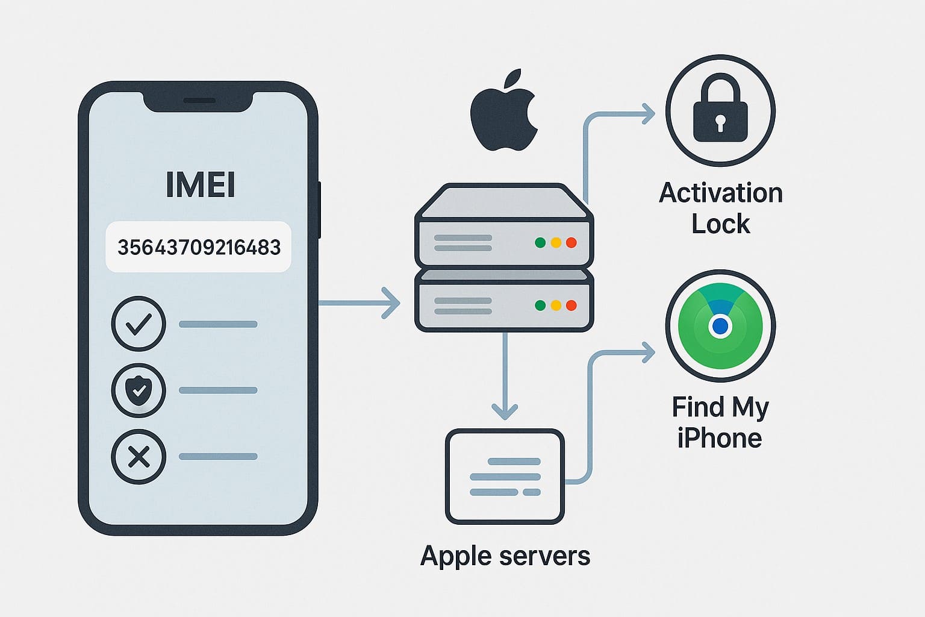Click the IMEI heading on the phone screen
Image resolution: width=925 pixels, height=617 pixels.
click(x=200, y=186)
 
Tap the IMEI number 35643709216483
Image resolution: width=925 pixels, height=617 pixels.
click(x=199, y=248)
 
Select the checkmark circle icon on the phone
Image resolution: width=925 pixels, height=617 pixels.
click(x=139, y=324)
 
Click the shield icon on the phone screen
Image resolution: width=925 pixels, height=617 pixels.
click(x=139, y=390)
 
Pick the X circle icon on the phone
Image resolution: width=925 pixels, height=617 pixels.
click(x=139, y=457)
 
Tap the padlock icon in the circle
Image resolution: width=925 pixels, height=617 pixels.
click(x=720, y=111)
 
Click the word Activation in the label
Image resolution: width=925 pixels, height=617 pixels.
click(x=720, y=193)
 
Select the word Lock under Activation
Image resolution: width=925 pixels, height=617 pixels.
click(x=720, y=224)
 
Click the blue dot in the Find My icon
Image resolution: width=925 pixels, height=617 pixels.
click(x=720, y=327)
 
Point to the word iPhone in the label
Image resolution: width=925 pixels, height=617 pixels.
click(x=719, y=438)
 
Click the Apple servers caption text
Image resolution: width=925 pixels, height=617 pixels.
click(x=505, y=556)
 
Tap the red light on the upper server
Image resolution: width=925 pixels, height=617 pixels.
click(x=572, y=243)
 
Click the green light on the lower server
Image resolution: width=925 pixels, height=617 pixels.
click(x=540, y=305)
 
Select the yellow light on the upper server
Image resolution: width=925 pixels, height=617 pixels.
click(x=556, y=243)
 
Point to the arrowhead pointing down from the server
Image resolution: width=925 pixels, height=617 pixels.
click(x=505, y=411)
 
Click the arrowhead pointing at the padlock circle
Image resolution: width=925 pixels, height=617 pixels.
click(x=648, y=113)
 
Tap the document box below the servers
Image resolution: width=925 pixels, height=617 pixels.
click(x=505, y=477)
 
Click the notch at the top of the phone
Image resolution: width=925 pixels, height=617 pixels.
click(x=198, y=101)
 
